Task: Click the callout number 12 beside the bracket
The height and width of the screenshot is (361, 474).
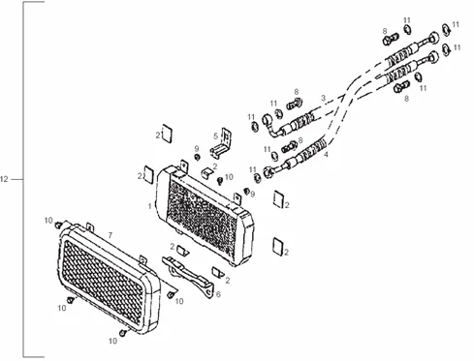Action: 4,179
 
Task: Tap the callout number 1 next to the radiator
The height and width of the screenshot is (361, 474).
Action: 149,206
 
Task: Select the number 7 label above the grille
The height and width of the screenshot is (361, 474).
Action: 111,235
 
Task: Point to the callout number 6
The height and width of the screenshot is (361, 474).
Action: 218,294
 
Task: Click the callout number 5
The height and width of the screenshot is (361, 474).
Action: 215,136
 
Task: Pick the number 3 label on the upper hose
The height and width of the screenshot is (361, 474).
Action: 323,98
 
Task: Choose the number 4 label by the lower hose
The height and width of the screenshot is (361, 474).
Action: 326,155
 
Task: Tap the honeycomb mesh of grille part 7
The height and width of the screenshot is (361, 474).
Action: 103,282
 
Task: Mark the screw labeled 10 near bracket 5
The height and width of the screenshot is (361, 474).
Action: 220,181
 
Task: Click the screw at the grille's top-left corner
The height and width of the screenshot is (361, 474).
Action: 58,225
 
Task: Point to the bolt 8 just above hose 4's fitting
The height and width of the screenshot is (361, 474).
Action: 290,147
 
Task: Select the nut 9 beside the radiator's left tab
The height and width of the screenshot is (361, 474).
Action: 196,157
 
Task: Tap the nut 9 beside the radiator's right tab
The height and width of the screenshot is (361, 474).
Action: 246,191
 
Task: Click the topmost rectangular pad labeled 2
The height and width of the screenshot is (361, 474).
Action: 167,134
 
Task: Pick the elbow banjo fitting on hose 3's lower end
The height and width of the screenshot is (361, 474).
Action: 271,126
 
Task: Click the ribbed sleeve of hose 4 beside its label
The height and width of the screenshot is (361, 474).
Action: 313,148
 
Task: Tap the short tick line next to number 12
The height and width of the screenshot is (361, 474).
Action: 16,179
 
